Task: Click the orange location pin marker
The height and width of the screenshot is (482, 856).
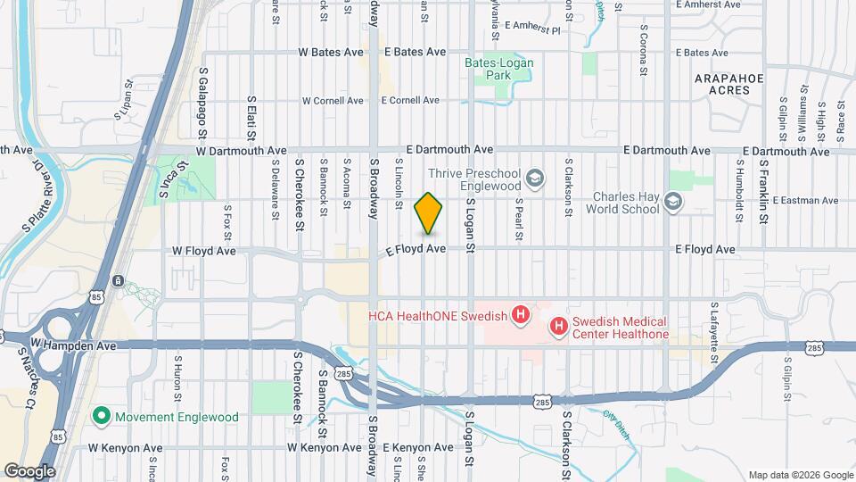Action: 429,214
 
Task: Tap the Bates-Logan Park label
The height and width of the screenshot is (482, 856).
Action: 498,70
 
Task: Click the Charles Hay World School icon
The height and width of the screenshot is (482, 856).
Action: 673,203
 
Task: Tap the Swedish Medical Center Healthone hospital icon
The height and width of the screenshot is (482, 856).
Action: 558,327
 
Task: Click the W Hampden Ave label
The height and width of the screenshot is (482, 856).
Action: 74,343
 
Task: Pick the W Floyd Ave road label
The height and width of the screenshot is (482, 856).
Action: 204,251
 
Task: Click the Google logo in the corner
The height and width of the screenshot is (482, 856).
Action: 29,470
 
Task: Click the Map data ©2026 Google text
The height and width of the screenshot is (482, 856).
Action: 799,474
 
